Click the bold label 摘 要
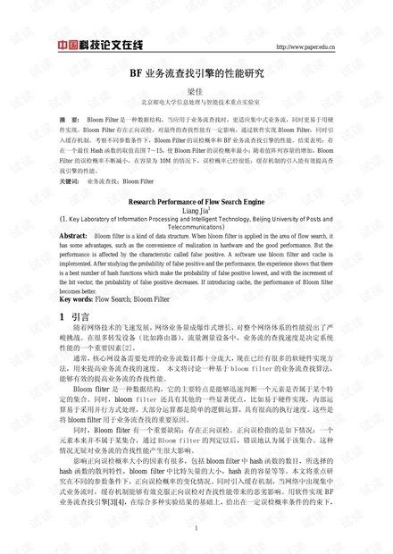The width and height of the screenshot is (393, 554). click(69, 119)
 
